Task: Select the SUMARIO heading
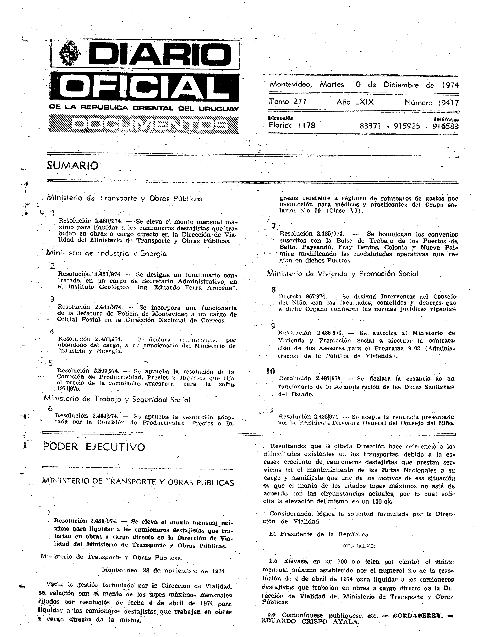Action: coord(72,166)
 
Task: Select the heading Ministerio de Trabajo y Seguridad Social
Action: coord(117,399)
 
